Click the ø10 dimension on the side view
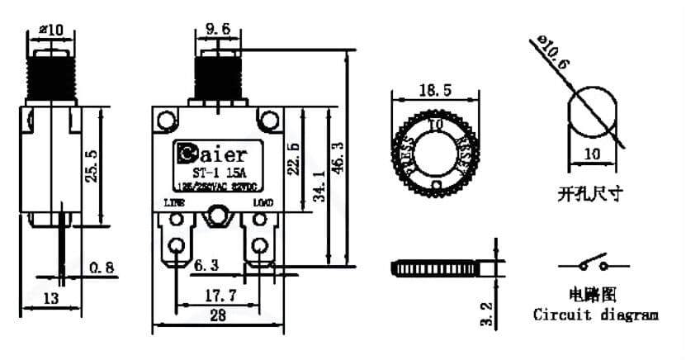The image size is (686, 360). point(50,31)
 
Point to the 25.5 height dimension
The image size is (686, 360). point(92,165)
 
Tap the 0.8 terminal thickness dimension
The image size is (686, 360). point(102,268)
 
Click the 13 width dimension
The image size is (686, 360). point(50,298)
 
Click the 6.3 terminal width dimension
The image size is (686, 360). point(206,267)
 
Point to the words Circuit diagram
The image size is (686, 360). point(595,315)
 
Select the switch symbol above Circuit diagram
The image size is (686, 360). point(594,266)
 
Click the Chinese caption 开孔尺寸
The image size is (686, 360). point(589,195)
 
